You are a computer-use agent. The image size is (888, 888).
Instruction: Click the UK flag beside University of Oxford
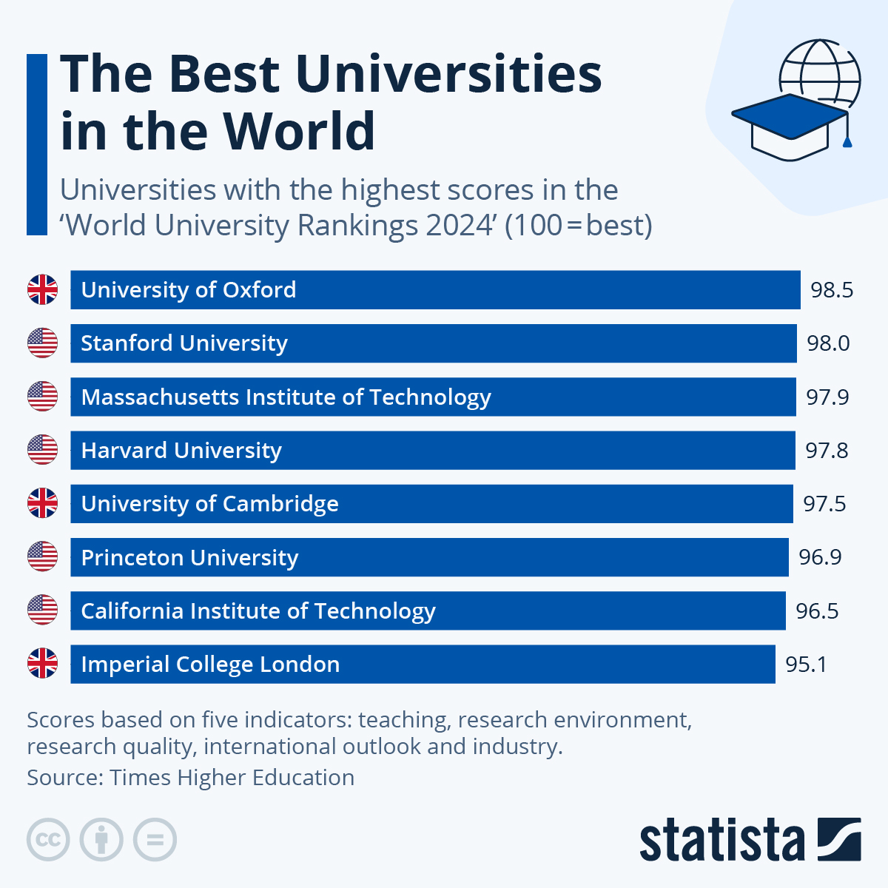coord(42,289)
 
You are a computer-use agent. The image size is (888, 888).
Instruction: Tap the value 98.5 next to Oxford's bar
coord(832,290)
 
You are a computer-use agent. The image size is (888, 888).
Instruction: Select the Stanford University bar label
coord(184,343)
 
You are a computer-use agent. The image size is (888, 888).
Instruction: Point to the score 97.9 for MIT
coord(827,397)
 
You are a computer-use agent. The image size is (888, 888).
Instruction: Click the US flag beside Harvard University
coord(42,450)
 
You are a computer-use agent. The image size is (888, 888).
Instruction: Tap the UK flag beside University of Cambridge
coord(42,503)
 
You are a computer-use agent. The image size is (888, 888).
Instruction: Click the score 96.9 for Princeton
coord(820,557)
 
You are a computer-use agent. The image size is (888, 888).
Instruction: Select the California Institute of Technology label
coord(258,611)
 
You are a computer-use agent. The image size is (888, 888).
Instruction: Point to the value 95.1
coord(806,665)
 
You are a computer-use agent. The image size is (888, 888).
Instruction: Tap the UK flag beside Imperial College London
coord(42,664)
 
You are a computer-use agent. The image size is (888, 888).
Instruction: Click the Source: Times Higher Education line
coord(190,778)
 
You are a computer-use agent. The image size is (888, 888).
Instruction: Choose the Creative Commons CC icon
coord(48,840)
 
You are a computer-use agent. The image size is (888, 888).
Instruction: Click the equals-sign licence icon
coord(155,840)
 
